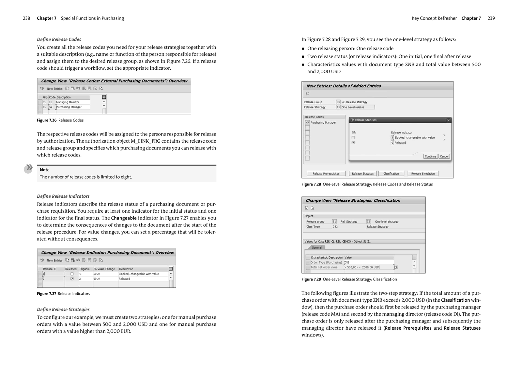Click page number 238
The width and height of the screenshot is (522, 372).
click(x=26, y=18)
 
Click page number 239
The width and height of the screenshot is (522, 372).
click(x=491, y=18)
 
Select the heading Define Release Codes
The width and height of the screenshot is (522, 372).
click(x=59, y=39)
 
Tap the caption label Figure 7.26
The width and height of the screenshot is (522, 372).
click(x=47, y=120)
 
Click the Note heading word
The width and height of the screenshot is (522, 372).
click(x=45, y=170)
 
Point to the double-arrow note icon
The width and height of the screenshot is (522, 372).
click(x=28, y=168)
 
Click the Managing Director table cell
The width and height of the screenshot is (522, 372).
click(x=68, y=102)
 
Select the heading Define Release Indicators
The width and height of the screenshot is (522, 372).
click(x=63, y=196)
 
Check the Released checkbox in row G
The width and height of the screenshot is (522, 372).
click(x=72, y=279)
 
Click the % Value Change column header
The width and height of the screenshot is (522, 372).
click(x=104, y=269)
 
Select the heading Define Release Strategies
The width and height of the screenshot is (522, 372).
click(x=63, y=309)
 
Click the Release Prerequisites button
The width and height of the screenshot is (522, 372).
click(x=326, y=174)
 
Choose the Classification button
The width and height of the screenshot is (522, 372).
click(x=391, y=174)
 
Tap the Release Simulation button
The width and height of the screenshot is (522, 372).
click(x=423, y=174)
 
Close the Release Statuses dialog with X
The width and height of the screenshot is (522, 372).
click(x=448, y=120)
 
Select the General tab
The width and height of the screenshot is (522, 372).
click(x=316, y=248)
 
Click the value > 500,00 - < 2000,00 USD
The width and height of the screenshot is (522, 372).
click(x=363, y=267)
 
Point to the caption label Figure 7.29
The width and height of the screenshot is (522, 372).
click(x=311, y=279)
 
